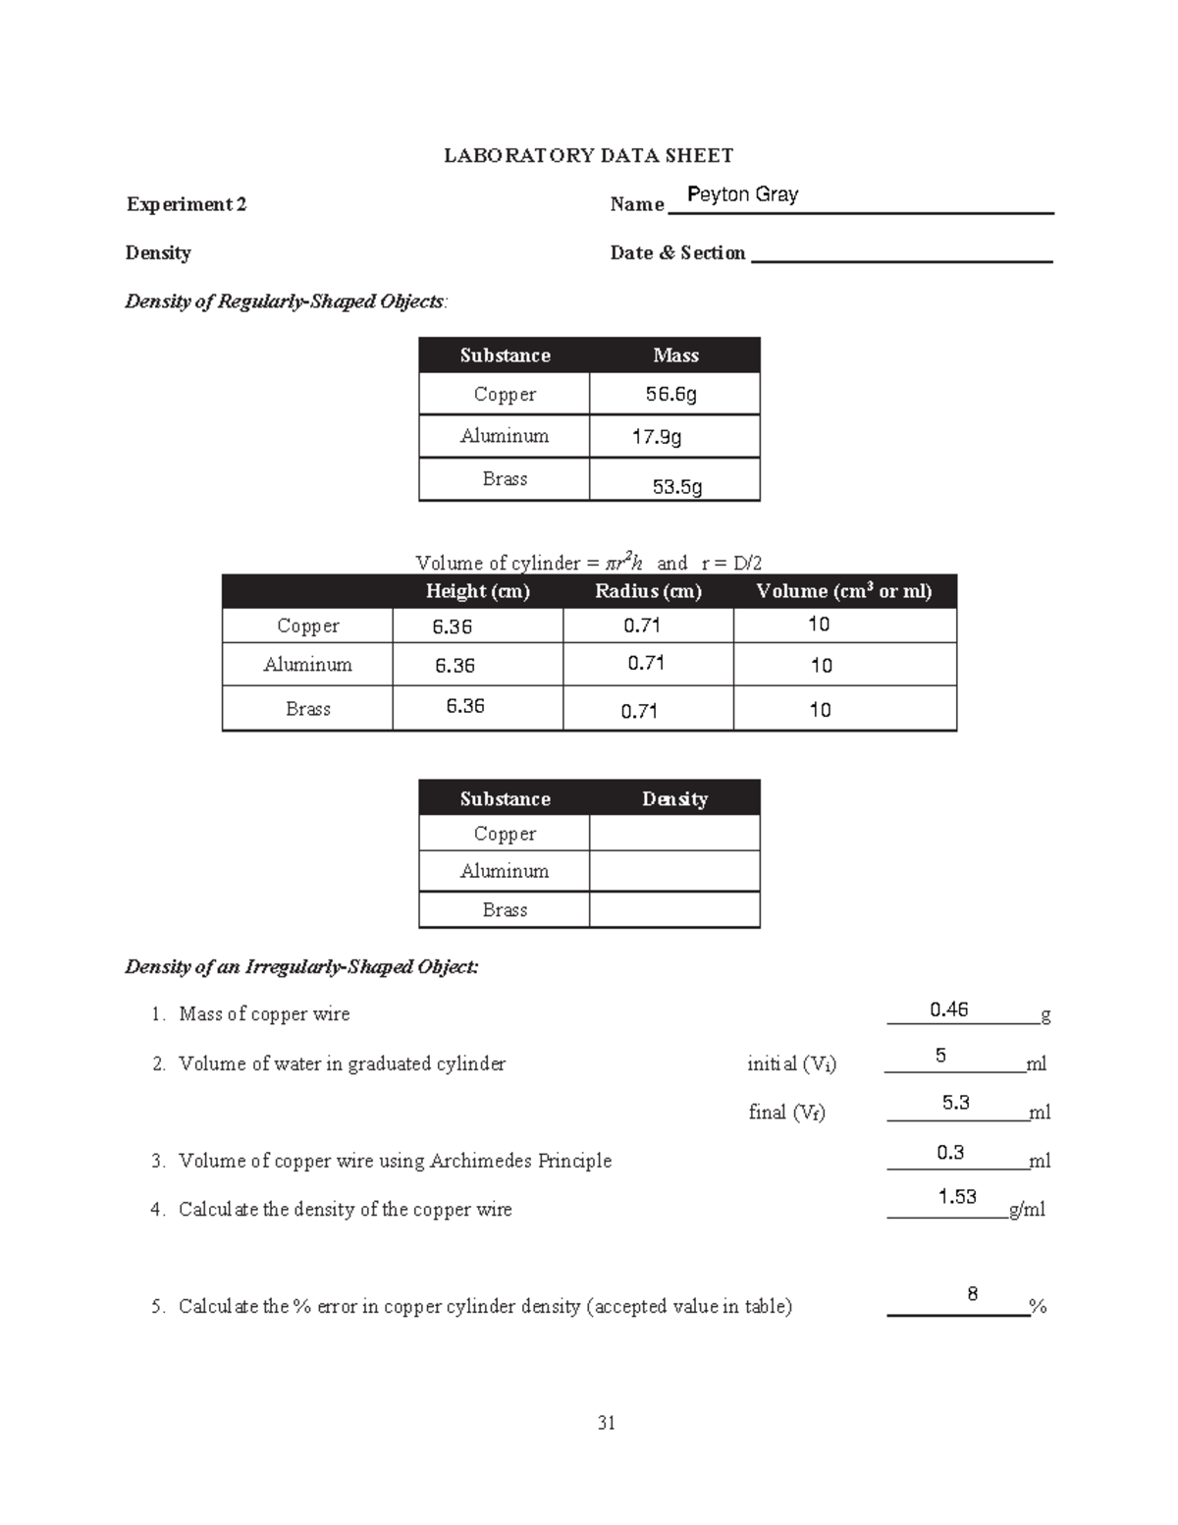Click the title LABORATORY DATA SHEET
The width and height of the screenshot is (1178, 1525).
pyautogui.click(x=588, y=155)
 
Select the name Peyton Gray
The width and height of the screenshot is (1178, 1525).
pyautogui.click(x=742, y=194)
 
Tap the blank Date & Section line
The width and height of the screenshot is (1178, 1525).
pyautogui.click(x=901, y=253)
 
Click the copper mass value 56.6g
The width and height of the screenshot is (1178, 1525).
pyautogui.click(x=671, y=394)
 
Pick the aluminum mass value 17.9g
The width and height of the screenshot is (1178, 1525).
pyautogui.click(x=657, y=436)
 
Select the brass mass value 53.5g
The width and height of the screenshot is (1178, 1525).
pyautogui.click(x=677, y=486)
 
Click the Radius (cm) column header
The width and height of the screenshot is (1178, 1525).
pyautogui.click(x=648, y=591)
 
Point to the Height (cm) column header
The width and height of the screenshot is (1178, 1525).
pyautogui.click(x=478, y=591)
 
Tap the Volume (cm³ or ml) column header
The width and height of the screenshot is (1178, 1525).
pyautogui.click(x=844, y=591)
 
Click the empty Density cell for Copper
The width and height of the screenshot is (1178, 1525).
pyautogui.click(x=674, y=834)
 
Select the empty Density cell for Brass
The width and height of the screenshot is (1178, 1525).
pyautogui.click(x=674, y=910)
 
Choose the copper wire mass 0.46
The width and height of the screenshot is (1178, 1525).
pyautogui.click(x=949, y=1009)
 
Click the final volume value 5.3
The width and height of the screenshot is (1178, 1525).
pyautogui.click(x=956, y=1103)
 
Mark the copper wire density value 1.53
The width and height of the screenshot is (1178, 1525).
pyautogui.click(x=957, y=1196)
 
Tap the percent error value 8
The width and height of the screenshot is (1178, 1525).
pyautogui.click(x=972, y=1293)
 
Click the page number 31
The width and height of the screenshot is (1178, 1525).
pyautogui.click(x=606, y=1423)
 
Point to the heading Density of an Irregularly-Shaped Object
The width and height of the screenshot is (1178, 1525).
pyautogui.click(x=301, y=967)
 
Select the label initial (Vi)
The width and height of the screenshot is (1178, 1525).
pyautogui.click(x=791, y=1063)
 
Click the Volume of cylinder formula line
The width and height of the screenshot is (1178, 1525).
pyautogui.click(x=588, y=563)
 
